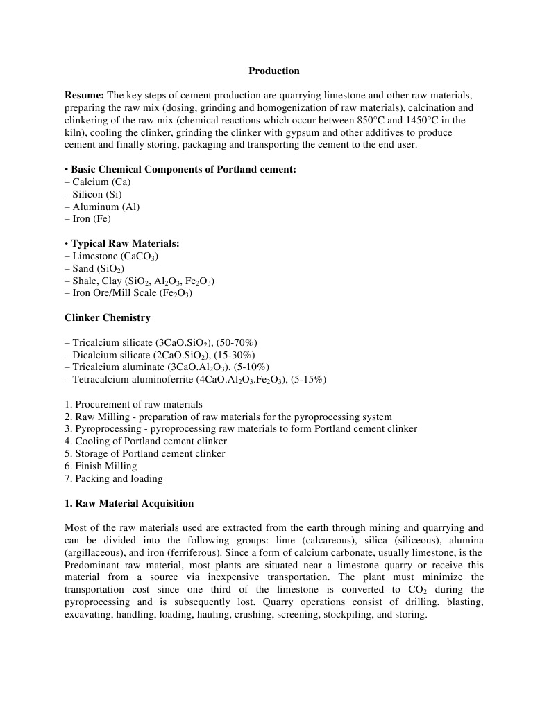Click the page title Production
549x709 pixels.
pyautogui.click(x=274, y=71)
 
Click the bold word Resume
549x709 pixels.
pyautogui.click(x=84, y=95)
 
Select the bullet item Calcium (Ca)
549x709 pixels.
pyautogui.click(x=101, y=182)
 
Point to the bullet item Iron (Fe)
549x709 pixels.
pyautogui.click(x=92, y=219)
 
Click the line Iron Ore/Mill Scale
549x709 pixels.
pyautogui.click(x=128, y=293)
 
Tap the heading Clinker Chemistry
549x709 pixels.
pyautogui.click(x=108, y=318)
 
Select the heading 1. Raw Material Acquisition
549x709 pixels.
pyautogui.click(x=129, y=503)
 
